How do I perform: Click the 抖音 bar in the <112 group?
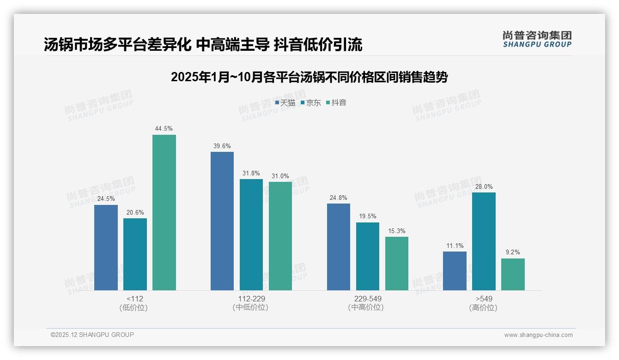[x=164, y=212]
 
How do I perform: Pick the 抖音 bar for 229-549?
[x=397, y=263]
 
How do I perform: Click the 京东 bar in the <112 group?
[x=135, y=254]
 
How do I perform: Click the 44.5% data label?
[x=164, y=129]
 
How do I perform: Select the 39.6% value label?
[x=222, y=146]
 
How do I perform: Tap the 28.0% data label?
[x=484, y=186]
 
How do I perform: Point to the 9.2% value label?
[x=513, y=252]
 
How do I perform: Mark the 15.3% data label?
[x=397, y=231]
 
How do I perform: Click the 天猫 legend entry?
[x=285, y=103]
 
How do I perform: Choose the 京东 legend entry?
[x=311, y=103]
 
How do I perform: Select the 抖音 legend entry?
[x=336, y=103]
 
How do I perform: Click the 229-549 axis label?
[x=367, y=299]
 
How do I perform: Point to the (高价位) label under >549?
[x=483, y=307]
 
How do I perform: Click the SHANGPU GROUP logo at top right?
[x=537, y=39]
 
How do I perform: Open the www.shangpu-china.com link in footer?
[x=538, y=335]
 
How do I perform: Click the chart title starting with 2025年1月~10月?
[x=309, y=77]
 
